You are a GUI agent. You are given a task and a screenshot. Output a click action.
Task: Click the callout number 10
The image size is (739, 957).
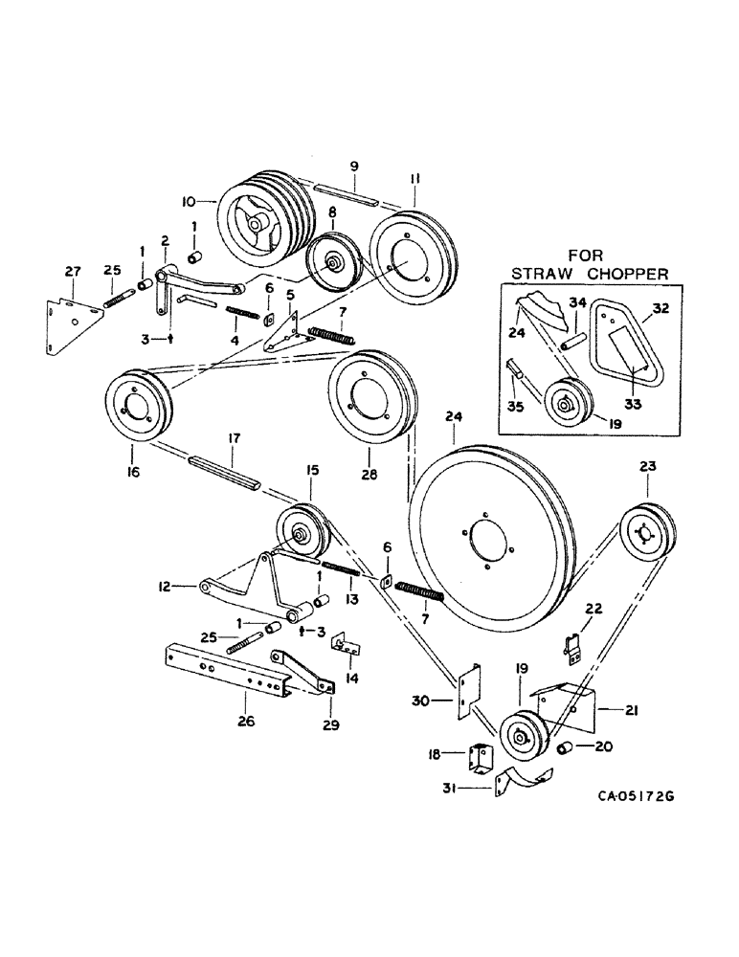189,201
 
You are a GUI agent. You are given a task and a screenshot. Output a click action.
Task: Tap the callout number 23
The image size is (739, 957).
648,467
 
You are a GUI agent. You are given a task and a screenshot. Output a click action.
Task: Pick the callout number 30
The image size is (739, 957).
434,701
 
